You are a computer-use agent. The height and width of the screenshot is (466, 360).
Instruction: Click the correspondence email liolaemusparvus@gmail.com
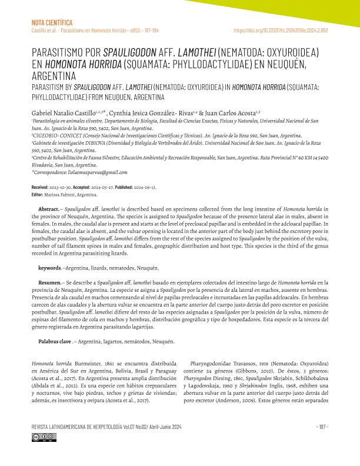(97, 172)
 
